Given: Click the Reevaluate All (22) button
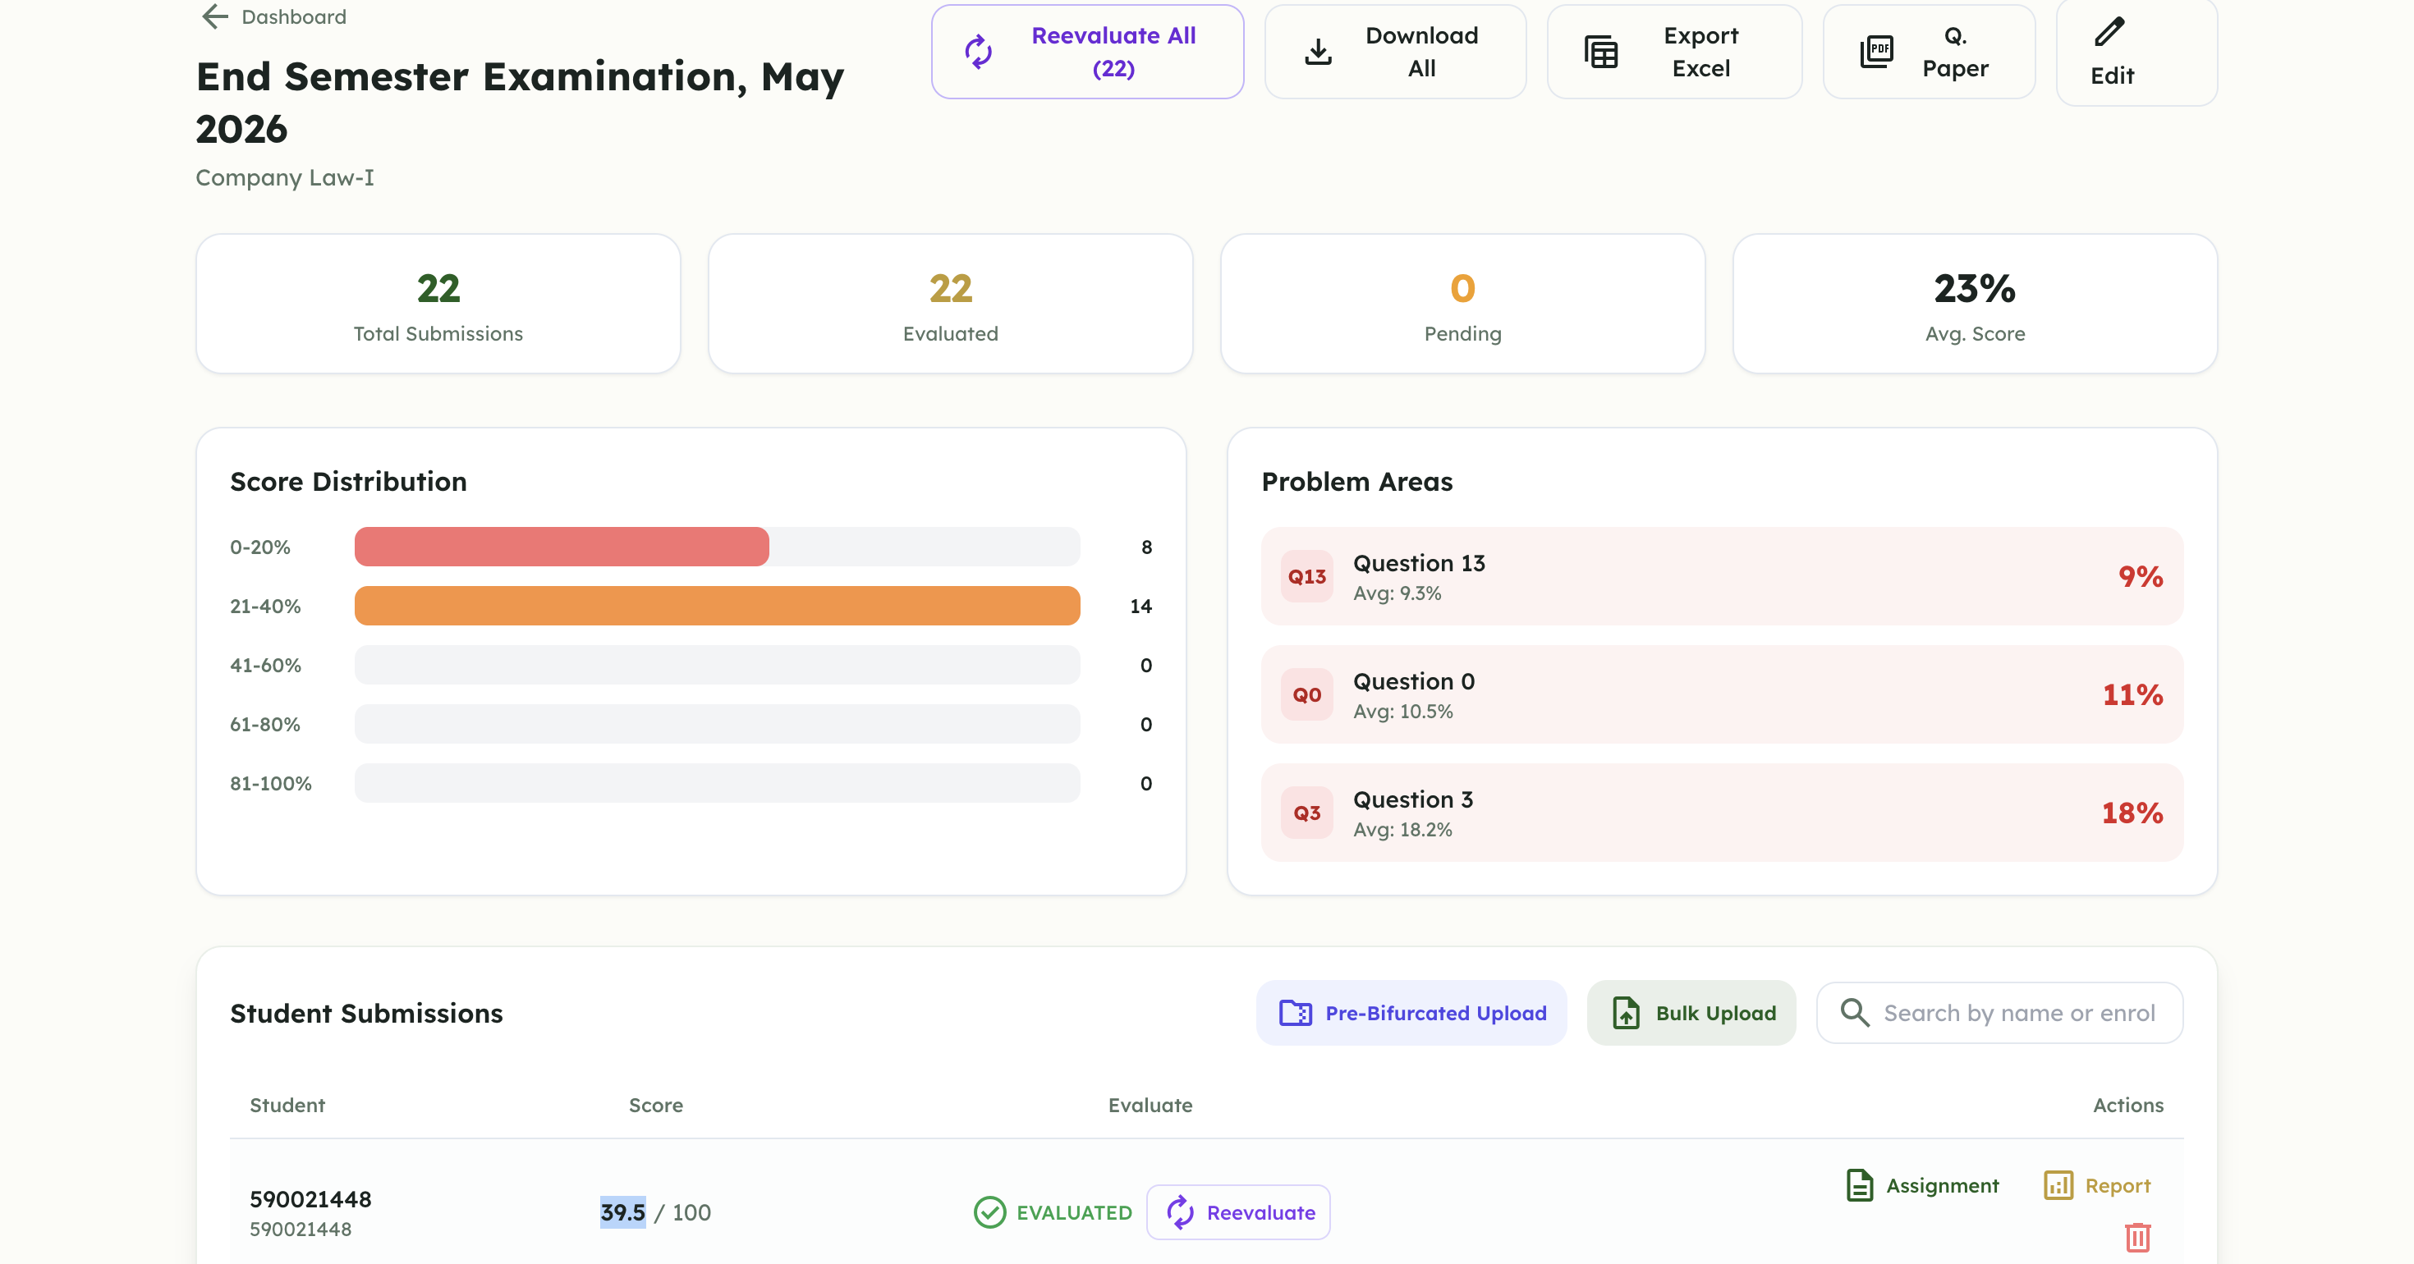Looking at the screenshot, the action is click(1087, 52).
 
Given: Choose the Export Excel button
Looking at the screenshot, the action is click(1673, 52).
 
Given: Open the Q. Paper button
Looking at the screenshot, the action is click(1929, 52).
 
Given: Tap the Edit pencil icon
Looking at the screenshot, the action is click(2109, 32).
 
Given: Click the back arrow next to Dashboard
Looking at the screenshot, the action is click(215, 17).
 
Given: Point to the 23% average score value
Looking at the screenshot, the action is click(1975, 289).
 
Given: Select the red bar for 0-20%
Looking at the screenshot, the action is click(562, 547).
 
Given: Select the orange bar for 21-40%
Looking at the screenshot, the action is click(717, 605).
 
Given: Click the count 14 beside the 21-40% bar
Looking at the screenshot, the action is click(1140, 607).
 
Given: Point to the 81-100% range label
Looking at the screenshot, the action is click(271, 783).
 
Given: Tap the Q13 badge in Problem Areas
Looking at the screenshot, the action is click(1306, 576).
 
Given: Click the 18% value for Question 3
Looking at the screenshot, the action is click(2132, 813).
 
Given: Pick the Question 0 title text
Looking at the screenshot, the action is click(1413, 681).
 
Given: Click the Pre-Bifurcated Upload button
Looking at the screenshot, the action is click(1411, 1013).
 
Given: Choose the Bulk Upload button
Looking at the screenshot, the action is click(1691, 1013).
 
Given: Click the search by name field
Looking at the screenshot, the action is click(2000, 1013).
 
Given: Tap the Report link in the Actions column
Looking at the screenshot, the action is click(2097, 1185).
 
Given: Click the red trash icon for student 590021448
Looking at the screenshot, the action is click(2137, 1237).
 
